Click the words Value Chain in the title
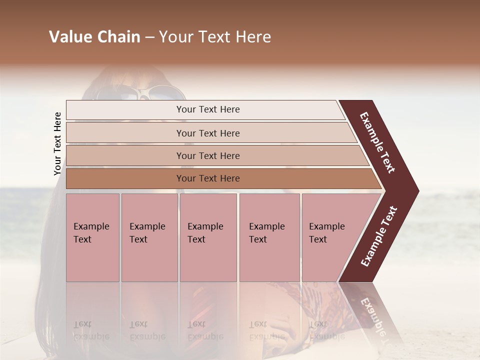click(x=94, y=37)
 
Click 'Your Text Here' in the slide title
click(x=215, y=37)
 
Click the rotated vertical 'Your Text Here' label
click(x=57, y=144)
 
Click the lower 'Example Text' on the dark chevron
click(x=379, y=236)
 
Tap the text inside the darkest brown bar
click(x=208, y=178)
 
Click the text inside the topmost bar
click(x=208, y=109)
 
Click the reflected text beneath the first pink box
click(x=91, y=330)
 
